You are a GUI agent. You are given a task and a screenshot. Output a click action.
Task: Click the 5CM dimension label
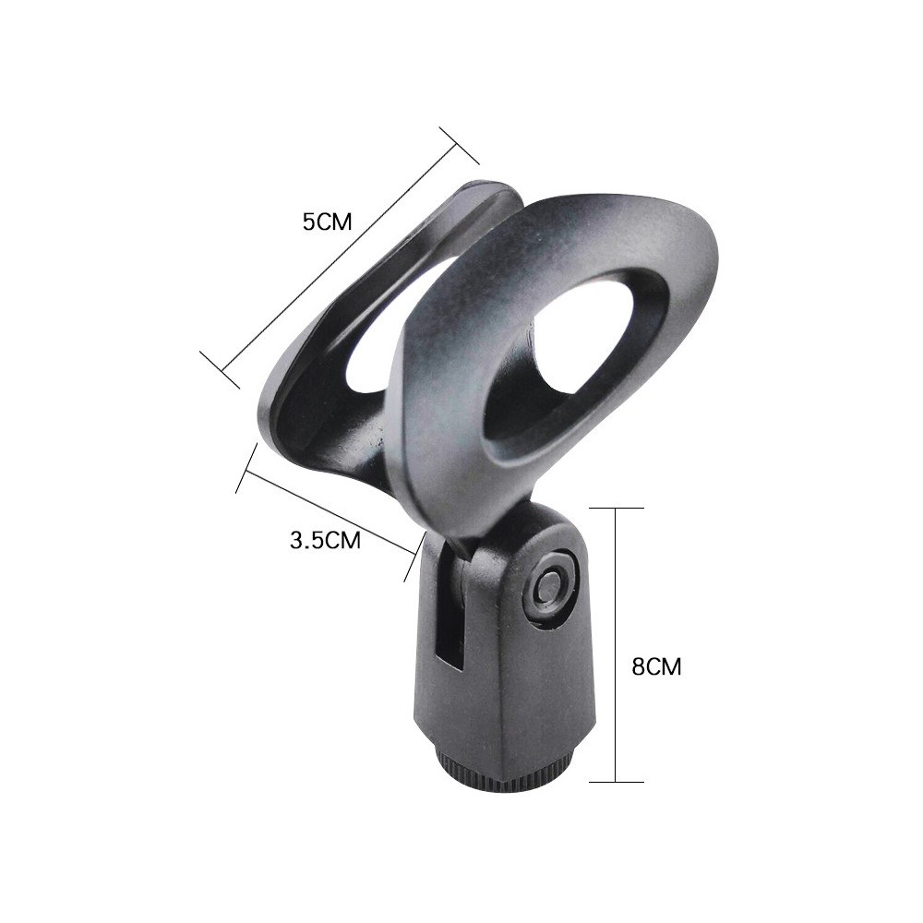pos(327,222)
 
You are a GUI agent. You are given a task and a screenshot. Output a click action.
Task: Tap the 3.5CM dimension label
pos(325,540)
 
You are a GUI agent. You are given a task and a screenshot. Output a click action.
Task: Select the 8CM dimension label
pos(656,667)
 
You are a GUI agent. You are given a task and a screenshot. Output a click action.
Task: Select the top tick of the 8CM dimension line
pos(616,508)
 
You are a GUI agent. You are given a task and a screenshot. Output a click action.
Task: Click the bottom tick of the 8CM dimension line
pos(616,782)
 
